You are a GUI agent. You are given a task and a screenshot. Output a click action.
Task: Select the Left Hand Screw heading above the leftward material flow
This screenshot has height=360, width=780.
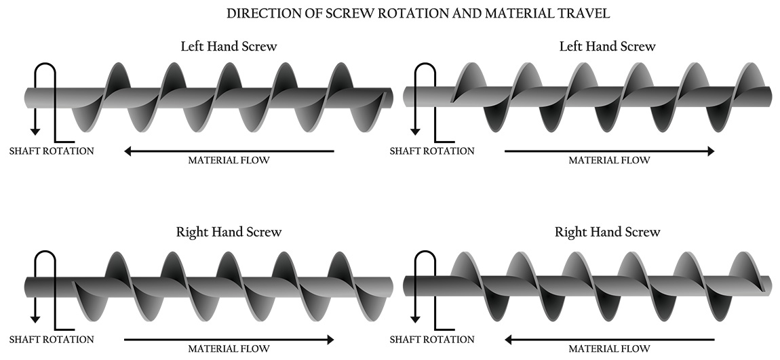(229, 47)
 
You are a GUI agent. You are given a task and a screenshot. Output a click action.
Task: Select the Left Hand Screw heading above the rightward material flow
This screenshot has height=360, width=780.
(607, 47)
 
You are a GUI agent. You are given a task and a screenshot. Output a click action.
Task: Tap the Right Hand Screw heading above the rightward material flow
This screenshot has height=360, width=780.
(229, 232)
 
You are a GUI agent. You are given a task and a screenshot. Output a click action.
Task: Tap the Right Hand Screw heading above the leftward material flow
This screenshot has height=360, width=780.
(607, 232)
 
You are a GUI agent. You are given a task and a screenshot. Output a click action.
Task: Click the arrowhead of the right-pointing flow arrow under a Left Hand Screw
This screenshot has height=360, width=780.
(710, 151)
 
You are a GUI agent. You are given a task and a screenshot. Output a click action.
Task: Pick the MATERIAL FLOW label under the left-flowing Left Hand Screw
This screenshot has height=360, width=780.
(229, 161)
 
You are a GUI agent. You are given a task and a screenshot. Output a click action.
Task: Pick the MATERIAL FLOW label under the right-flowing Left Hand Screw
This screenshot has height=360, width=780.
(608, 161)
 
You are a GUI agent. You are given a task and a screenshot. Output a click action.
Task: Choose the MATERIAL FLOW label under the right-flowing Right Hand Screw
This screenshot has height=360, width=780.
(229, 349)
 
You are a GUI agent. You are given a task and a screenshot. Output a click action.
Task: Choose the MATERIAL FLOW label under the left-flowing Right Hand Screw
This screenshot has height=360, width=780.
(608, 349)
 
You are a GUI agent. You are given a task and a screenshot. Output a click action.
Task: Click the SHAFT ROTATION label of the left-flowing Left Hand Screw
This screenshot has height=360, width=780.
(52, 151)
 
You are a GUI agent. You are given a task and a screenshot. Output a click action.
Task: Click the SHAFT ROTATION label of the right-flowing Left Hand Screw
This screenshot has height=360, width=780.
(432, 151)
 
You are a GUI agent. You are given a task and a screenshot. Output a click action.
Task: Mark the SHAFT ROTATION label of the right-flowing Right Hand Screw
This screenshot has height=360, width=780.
(52, 339)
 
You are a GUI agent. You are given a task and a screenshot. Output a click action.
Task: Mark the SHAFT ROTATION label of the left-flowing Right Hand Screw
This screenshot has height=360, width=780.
(432, 339)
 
